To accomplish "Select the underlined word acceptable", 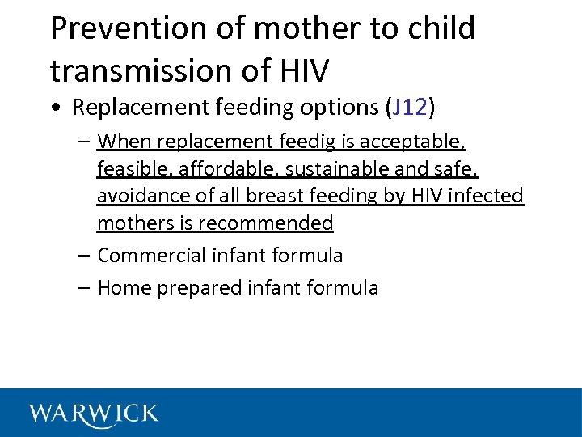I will pyautogui.click(x=411, y=142).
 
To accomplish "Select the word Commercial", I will pyautogui.click(x=151, y=256).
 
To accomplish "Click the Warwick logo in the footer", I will pyautogui.click(x=94, y=414).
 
